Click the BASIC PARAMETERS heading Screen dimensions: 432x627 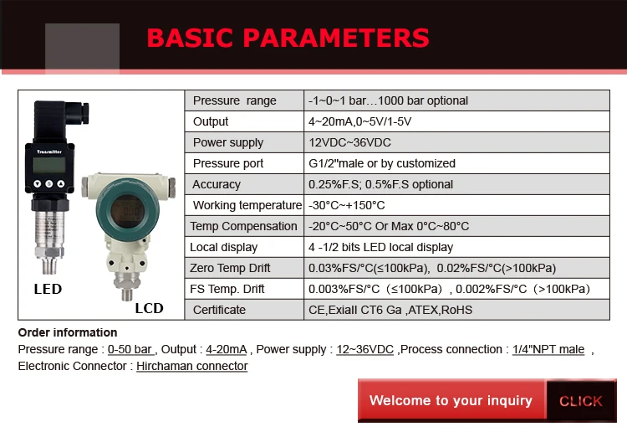288,38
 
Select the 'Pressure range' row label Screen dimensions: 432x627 234,100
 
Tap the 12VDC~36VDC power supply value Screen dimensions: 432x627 349,142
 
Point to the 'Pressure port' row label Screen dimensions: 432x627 227,163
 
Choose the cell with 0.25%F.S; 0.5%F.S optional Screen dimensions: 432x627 380,184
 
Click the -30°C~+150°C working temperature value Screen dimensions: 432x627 347,205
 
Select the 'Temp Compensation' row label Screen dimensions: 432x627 243,226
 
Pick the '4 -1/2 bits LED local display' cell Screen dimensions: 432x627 380,247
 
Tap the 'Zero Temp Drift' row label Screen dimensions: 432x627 230,268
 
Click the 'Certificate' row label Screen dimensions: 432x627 219,310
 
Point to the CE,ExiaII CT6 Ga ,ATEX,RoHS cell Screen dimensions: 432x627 390,310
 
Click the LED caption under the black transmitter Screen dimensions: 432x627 48,289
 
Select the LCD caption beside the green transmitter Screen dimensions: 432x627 149,308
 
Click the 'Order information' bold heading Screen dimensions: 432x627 68,332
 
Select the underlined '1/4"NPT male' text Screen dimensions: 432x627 548,349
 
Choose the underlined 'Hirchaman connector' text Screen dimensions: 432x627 192,366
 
